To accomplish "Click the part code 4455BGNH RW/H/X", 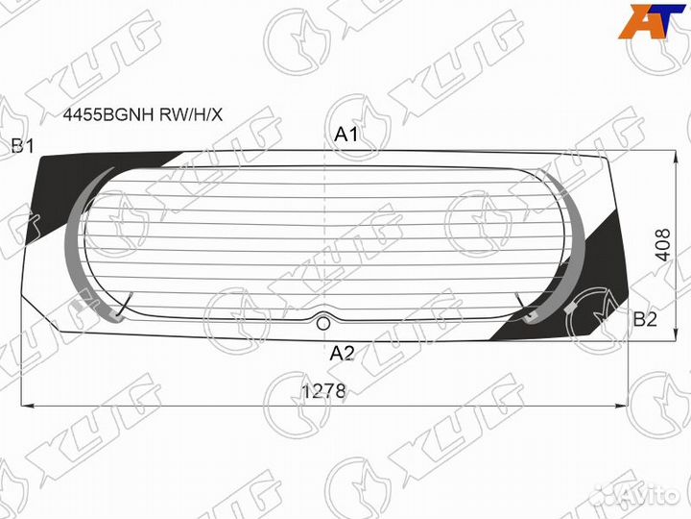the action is point(143,115).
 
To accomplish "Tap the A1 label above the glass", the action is point(346,135).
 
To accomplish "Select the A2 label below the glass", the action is point(342,353).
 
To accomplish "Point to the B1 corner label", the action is point(22,146).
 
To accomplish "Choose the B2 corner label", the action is point(645,319).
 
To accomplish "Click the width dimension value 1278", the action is point(324,391).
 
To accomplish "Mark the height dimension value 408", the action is point(663,245).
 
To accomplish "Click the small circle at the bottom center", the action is point(324,324).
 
